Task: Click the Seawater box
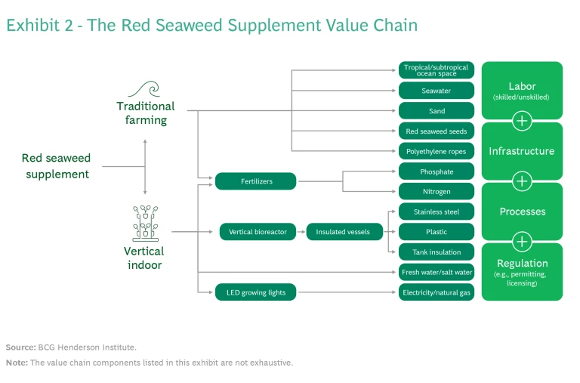[x=437, y=91]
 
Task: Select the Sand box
[x=437, y=111]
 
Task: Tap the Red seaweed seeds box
[x=437, y=131]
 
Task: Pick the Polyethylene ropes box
[x=437, y=151]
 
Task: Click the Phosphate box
[x=437, y=171]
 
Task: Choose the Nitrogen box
[x=437, y=192]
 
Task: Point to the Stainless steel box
[x=437, y=212]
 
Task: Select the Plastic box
[x=437, y=232]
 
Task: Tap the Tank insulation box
[x=437, y=252]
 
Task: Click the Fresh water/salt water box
[x=437, y=272]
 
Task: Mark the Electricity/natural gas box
[x=437, y=292]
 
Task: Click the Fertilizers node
[x=255, y=181]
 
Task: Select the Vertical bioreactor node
[x=258, y=232]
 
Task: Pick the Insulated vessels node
[x=343, y=232]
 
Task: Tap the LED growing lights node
[x=255, y=292]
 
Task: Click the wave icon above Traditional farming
[x=145, y=89]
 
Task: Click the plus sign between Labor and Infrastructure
[x=522, y=121]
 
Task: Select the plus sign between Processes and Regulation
[x=522, y=242]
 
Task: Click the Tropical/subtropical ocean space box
[x=437, y=70]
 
